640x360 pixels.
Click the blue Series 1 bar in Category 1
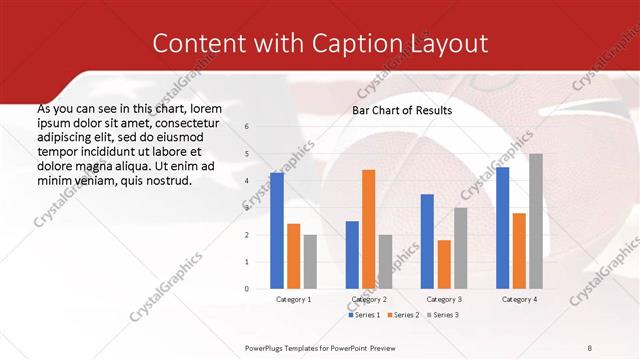coord(277,231)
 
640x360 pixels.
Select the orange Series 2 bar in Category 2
coord(368,229)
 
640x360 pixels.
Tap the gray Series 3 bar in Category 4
coord(536,221)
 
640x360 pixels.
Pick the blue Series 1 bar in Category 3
coord(427,241)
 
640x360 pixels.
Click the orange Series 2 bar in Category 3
coord(444,264)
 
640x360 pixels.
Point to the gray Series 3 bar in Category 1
coord(310,262)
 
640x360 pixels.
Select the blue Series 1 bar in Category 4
coord(503,228)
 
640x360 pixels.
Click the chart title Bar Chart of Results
coord(402,110)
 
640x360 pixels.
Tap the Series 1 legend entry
coord(364,315)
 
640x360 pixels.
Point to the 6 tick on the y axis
coord(247,127)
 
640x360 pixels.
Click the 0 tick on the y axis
coord(247,289)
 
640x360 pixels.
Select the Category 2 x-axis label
coord(368,299)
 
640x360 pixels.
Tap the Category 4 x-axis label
coord(519,299)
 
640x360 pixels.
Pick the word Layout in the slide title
coord(449,43)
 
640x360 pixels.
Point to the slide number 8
coord(590,347)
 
